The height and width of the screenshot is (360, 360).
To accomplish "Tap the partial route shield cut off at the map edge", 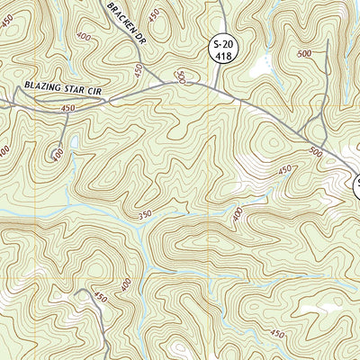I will pos(355,189).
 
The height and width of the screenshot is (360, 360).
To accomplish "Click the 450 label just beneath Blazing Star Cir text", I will pos(67,108).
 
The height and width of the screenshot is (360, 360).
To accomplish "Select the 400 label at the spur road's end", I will pos(59,154).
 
